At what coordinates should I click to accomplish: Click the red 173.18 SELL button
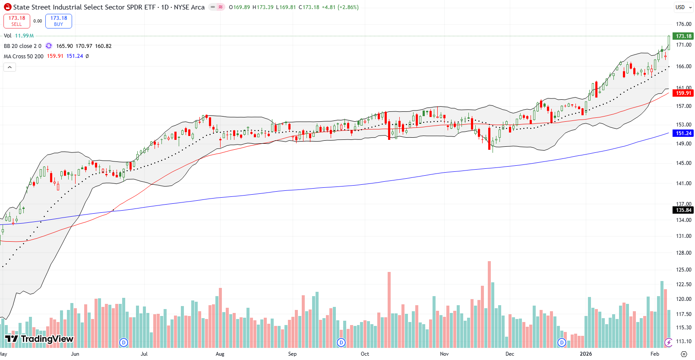pyautogui.click(x=16, y=21)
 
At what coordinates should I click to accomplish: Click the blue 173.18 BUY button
pyautogui.click(x=59, y=21)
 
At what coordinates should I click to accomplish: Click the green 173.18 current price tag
pyautogui.click(x=683, y=36)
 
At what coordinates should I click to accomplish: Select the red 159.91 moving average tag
pyautogui.click(x=683, y=93)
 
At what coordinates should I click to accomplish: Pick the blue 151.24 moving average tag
pyautogui.click(x=683, y=133)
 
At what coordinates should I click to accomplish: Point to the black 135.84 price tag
pyautogui.click(x=683, y=210)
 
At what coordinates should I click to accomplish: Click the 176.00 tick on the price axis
pyautogui.click(x=683, y=24)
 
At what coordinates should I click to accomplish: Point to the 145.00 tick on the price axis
pyautogui.click(x=683, y=163)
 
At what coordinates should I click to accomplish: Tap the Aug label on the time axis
pyautogui.click(x=220, y=354)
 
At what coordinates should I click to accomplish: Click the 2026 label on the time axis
pyautogui.click(x=586, y=354)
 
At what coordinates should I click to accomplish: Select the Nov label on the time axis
pyautogui.click(x=444, y=354)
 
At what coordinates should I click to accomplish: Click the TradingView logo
pyautogui.click(x=39, y=339)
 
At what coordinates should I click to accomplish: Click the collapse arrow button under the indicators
pyautogui.click(x=9, y=67)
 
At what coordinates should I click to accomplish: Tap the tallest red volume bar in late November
pyautogui.click(x=489, y=302)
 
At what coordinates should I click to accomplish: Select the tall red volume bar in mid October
pyautogui.click(x=389, y=309)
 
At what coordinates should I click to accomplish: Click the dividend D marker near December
pyautogui.click(x=562, y=342)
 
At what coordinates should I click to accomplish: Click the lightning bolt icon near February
pyautogui.click(x=669, y=342)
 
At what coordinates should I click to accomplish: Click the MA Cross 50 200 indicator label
pyautogui.click(x=24, y=57)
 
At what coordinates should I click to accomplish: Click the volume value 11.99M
pyautogui.click(x=24, y=36)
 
